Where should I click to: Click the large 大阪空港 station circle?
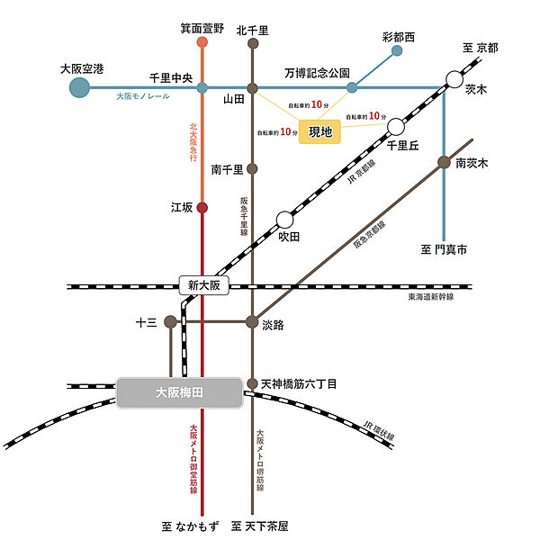point(80,87)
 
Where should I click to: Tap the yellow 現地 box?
point(320,131)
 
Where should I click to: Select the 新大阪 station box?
point(204,286)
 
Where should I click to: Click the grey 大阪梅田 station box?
point(180,392)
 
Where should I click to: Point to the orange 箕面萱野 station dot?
point(202,42)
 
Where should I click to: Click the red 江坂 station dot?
point(202,208)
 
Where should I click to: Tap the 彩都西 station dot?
point(397,51)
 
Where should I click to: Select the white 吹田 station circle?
point(284,219)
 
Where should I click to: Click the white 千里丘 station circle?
point(396,127)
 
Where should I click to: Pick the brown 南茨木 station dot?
point(444,162)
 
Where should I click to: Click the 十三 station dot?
point(170,321)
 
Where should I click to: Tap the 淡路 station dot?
point(253,321)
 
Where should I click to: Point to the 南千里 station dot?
point(253,168)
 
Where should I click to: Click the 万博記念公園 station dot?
point(352,87)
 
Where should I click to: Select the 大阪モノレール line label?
point(142,96)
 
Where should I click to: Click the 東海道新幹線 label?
point(430,297)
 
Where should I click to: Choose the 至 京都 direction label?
point(480,47)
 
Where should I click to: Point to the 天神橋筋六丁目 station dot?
point(253,383)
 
